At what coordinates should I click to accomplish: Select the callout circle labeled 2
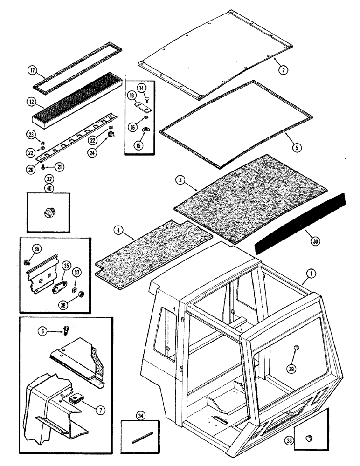coord(283,71)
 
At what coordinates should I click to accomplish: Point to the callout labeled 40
coord(49,188)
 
